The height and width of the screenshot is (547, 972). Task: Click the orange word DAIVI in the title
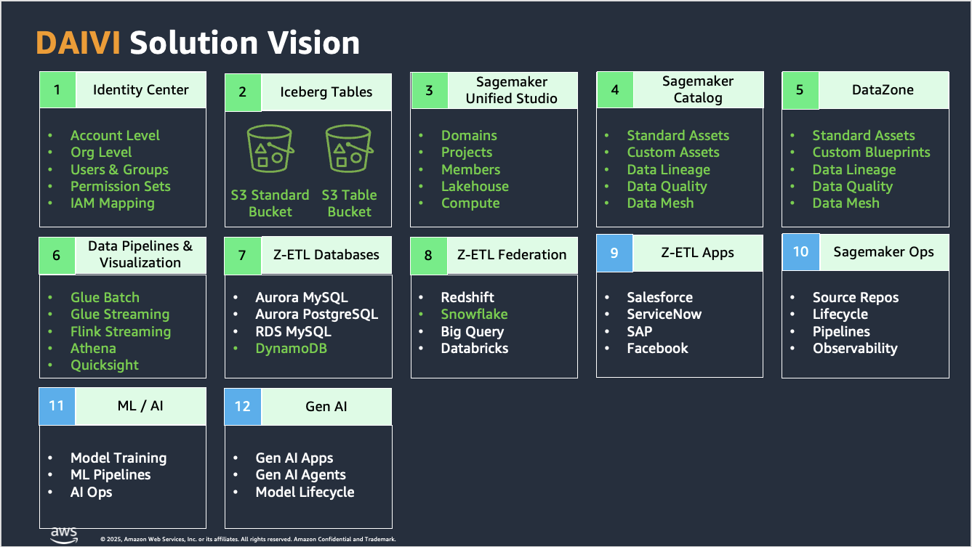pos(79,43)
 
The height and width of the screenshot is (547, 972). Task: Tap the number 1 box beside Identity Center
pos(57,90)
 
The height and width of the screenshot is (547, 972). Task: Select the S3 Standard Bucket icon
pos(270,150)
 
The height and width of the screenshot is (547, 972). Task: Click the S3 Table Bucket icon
pos(349,150)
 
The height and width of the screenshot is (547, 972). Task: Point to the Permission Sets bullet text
pos(120,186)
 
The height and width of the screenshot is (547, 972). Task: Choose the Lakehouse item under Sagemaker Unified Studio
pos(475,186)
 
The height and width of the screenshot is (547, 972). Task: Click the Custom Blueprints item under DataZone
pos(871,153)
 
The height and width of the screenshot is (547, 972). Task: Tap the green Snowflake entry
pos(474,315)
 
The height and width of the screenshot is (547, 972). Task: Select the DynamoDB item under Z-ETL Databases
pos(291,349)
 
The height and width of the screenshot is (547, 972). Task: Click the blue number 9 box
pos(614,253)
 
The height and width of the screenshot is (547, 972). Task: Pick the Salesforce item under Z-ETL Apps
pos(659,297)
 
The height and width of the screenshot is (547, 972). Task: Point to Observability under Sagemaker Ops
pos(855,349)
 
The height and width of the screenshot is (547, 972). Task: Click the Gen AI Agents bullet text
pos(300,475)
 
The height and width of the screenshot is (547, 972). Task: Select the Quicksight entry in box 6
pos(104,365)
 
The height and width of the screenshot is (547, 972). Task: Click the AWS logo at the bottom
pos(64,535)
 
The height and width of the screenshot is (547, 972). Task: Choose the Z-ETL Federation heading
pos(511,255)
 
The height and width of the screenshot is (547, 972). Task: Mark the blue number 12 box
pos(243,406)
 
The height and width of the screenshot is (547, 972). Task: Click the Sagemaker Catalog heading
pos(697,90)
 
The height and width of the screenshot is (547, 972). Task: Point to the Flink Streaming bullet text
pos(120,332)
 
